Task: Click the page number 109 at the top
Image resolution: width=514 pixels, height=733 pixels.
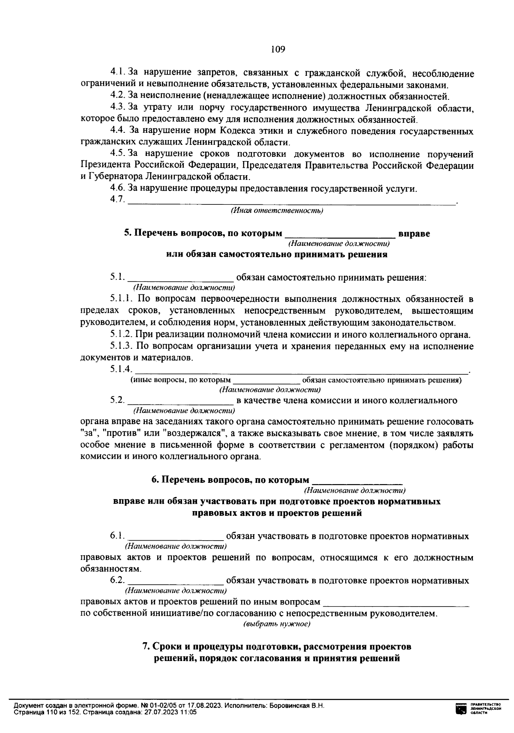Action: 278,49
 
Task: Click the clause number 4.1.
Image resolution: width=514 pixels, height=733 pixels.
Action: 118,74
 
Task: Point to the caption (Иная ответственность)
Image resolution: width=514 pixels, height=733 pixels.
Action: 277,210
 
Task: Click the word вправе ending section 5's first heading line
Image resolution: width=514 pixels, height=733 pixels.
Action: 414,233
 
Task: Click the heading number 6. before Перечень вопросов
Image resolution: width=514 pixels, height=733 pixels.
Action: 155,480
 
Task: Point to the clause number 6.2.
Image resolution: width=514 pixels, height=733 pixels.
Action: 117,581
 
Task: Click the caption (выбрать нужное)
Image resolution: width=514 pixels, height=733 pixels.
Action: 277,624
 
